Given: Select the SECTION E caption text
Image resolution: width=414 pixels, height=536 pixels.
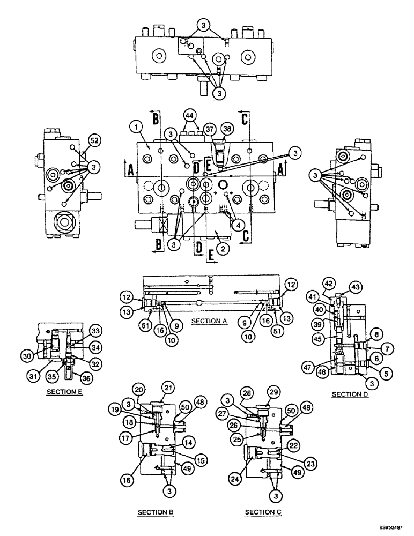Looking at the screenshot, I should pyautogui.click(x=63, y=392).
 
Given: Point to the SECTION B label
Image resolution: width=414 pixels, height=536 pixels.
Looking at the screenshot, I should pyautogui.click(x=156, y=512).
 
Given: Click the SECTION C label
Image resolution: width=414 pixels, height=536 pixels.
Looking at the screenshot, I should pyautogui.click(x=263, y=512).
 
